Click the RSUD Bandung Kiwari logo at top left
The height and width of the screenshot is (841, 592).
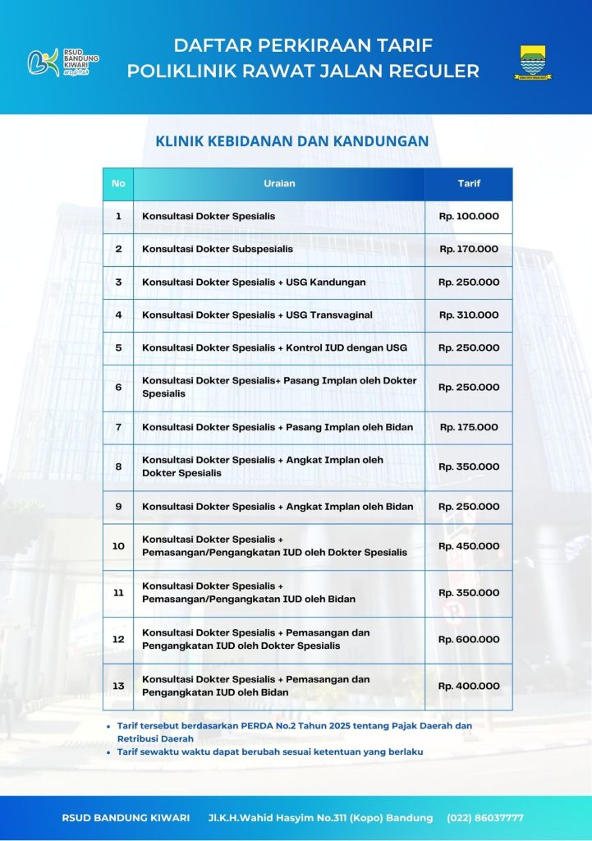pos(63,61)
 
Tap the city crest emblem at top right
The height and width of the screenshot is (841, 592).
pos(535,62)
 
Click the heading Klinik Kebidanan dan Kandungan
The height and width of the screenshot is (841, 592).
pos(291,141)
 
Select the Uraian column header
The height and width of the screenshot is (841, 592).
pos(279,183)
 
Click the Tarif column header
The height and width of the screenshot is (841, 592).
pos(469,183)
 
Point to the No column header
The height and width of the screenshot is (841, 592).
pos(118,183)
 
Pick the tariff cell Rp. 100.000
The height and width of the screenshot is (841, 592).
pos(469,216)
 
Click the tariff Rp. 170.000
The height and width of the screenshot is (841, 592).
pos(469,249)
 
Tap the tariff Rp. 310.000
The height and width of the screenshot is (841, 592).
pos(469,315)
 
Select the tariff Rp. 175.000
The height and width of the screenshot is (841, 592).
pos(469,427)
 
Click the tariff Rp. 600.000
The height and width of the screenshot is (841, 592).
pos(469,639)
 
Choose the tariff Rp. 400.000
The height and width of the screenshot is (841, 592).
pos(469,686)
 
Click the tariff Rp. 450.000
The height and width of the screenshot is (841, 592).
pos(469,545)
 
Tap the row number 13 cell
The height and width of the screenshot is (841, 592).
pos(118,686)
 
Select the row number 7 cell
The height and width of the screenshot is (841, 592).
pos(118,427)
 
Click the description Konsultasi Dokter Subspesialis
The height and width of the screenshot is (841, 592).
pos(218,249)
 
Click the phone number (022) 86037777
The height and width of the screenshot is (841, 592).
pos(484,818)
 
